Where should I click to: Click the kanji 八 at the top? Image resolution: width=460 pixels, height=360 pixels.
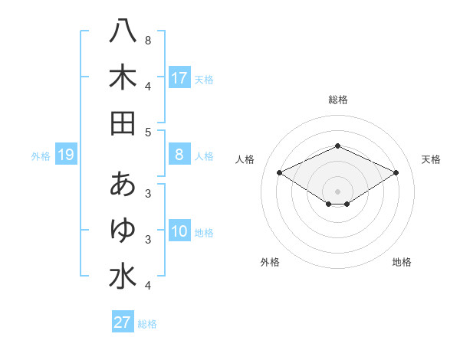123,32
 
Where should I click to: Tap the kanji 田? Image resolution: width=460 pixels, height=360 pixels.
123,123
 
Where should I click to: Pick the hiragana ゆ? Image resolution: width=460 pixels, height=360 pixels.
123,229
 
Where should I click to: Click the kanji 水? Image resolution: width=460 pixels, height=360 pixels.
123,275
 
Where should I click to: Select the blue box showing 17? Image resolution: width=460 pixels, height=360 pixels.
179,78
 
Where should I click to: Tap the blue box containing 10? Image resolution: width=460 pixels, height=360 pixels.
179,232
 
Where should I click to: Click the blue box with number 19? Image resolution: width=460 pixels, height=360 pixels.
65,155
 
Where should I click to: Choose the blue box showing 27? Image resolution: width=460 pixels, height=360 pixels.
123,322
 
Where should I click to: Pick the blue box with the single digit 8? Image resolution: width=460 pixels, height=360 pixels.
179,155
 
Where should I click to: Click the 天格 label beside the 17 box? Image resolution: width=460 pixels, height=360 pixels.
204,79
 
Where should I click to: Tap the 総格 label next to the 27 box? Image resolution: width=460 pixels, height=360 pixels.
147,323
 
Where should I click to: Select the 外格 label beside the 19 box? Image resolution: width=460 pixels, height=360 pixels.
41,156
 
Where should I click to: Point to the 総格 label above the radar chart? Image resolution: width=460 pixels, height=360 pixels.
337,100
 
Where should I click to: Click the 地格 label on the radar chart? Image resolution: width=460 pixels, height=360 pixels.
402,262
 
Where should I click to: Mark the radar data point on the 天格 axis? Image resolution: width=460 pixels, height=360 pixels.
396,174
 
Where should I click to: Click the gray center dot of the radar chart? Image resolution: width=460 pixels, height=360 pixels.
337,191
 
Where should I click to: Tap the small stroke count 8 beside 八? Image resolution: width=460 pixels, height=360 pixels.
148,40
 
